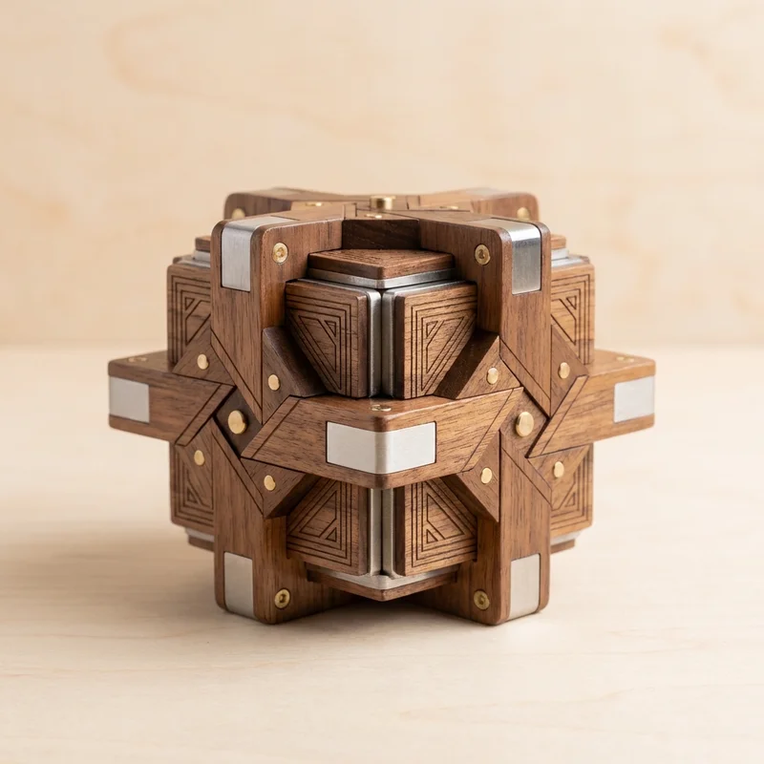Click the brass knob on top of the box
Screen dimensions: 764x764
point(382,202)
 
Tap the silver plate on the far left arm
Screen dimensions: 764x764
point(129,399)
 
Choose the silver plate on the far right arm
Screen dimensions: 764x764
point(634,399)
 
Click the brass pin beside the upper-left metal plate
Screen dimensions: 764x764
point(280,252)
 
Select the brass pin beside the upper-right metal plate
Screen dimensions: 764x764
point(482,254)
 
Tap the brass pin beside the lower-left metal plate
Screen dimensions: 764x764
point(282,597)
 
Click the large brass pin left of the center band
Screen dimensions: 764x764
point(237,422)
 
